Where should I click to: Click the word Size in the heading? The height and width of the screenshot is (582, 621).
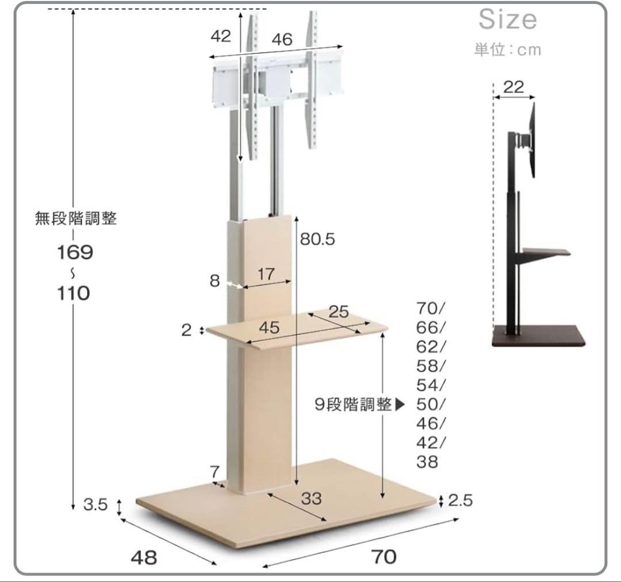(508, 20)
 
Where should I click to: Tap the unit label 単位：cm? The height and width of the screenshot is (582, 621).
(508, 49)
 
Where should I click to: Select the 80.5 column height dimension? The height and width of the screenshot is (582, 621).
(317, 239)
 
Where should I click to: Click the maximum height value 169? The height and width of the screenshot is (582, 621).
(75, 252)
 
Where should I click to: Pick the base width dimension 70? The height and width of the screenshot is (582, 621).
(384, 557)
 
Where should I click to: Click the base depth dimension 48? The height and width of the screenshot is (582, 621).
(144, 557)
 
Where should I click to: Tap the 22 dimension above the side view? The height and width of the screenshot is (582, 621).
(513, 87)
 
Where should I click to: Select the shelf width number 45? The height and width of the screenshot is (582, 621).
(269, 328)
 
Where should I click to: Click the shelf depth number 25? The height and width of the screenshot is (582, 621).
(339, 312)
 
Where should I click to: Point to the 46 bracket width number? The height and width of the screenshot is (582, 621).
(282, 40)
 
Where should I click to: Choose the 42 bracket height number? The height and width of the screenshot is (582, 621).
(220, 36)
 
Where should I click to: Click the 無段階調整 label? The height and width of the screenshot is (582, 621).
(76, 219)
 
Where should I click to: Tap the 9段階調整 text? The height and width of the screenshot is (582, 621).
(353, 405)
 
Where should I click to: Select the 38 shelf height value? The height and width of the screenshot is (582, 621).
(427, 462)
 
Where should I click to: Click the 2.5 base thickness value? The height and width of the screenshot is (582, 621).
(460, 500)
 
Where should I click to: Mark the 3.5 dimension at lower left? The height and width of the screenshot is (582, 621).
(95, 505)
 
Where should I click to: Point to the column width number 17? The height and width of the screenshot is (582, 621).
(266, 274)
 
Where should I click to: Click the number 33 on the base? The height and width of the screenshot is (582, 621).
(311, 498)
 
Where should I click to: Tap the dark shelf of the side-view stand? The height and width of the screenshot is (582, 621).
(545, 252)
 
